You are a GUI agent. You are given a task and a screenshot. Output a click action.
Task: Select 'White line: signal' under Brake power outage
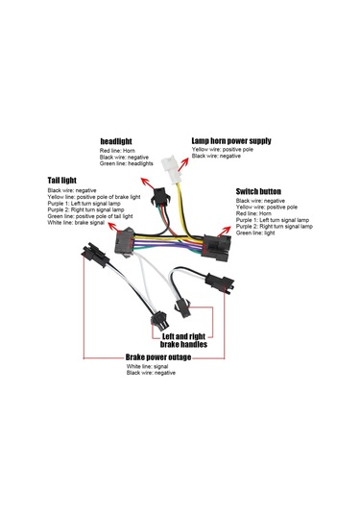(148, 366)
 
